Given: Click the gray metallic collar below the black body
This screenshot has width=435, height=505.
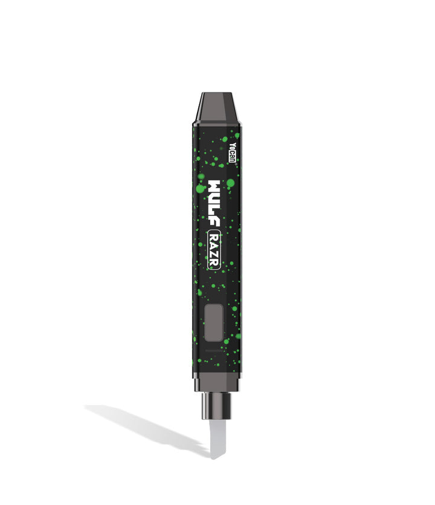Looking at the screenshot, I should coord(217,381).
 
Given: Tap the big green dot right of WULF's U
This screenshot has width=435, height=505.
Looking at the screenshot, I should coord(230,183).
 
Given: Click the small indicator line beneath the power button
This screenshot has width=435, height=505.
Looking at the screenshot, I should coord(215,350).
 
